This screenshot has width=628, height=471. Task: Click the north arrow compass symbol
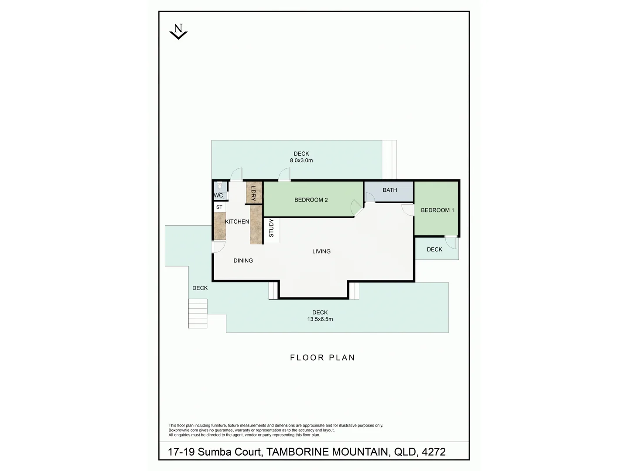(178, 32)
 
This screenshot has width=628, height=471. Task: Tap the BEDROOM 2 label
(311, 200)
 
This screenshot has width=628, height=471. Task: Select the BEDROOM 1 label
(437, 210)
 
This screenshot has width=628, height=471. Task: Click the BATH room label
(390, 190)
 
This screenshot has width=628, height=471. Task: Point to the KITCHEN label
(237, 222)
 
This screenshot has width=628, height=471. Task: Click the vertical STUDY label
(271, 228)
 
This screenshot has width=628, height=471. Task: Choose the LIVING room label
(321, 251)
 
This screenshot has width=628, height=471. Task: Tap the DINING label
(243, 260)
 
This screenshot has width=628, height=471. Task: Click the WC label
(218, 195)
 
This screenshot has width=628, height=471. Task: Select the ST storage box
(219, 207)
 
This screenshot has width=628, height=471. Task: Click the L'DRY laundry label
(253, 193)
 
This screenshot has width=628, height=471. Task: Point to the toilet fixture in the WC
(220, 186)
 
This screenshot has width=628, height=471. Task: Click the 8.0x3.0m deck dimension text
(301, 160)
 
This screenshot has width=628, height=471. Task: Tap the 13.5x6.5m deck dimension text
(320, 319)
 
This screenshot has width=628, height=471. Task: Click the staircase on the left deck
(198, 313)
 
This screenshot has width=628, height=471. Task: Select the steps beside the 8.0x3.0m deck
(389, 160)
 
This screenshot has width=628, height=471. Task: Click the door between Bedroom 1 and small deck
(451, 242)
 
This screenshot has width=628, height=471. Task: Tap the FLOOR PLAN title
(322, 358)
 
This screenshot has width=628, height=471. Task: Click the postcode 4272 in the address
(433, 452)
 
